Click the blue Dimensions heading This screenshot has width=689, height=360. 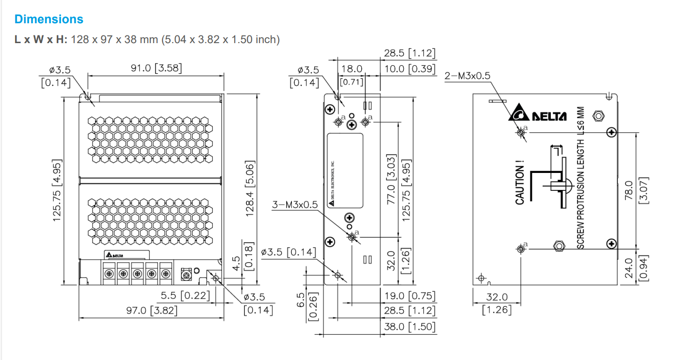pyautogui.click(x=48, y=19)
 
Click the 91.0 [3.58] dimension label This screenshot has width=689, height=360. pyautogui.click(x=156, y=68)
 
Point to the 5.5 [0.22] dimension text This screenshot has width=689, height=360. pyautogui.click(x=185, y=295)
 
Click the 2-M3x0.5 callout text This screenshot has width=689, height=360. pyautogui.click(x=467, y=76)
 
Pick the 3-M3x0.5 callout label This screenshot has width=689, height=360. pyautogui.click(x=295, y=204)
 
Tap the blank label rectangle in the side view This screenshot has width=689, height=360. pyautogui.click(x=345, y=171)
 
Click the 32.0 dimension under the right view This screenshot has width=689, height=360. pyautogui.click(x=497, y=297)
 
